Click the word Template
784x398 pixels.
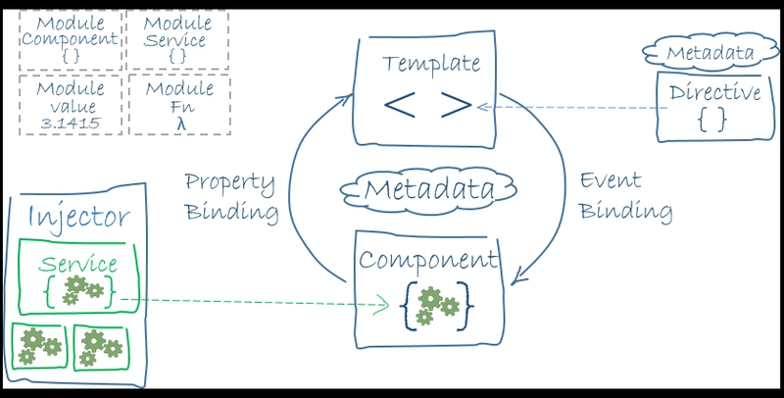pyautogui.click(x=431, y=65)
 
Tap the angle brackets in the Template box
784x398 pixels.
pyautogui.click(x=428, y=105)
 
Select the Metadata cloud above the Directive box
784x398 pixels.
pyautogui.click(x=710, y=52)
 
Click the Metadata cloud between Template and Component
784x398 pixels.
pyautogui.click(x=428, y=190)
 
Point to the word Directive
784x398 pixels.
pyautogui.click(x=714, y=92)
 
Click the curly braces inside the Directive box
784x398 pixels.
pyautogui.click(x=712, y=120)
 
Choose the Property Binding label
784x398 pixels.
pyautogui.click(x=231, y=196)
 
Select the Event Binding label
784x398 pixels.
pyautogui.click(x=625, y=195)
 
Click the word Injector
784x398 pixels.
pyautogui.click(x=78, y=216)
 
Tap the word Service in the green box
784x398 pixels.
pyautogui.click(x=78, y=264)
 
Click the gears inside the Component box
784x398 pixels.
pyautogui.click(x=435, y=306)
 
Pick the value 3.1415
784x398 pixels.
pyautogui.click(x=71, y=123)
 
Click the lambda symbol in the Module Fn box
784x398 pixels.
pyautogui.click(x=181, y=124)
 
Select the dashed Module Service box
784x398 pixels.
pyautogui.click(x=178, y=40)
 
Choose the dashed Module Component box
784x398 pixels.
pyautogui.click(x=71, y=40)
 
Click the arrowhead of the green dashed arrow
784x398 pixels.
pyautogui.click(x=382, y=305)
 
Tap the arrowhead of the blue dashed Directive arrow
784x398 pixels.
pyautogui.click(x=481, y=107)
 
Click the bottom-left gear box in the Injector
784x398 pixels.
pyautogui.click(x=39, y=346)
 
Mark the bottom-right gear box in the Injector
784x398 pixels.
pyautogui.click(x=102, y=347)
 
